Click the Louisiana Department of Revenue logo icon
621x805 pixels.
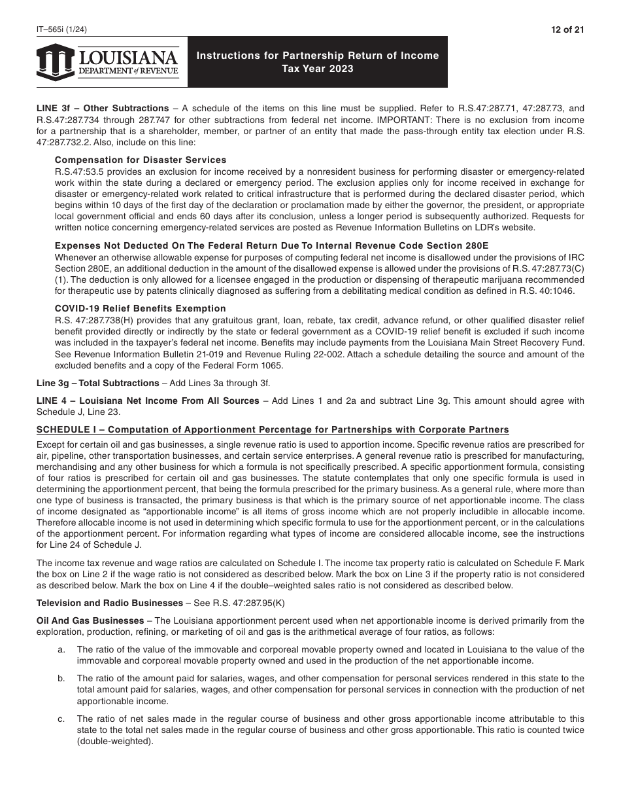(x=56, y=62)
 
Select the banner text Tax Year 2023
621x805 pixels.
(x=318, y=69)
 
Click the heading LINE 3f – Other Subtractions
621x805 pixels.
(x=103, y=108)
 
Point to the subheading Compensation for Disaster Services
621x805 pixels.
(x=141, y=160)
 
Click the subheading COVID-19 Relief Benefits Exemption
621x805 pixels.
(x=141, y=308)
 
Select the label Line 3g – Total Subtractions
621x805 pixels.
(x=97, y=383)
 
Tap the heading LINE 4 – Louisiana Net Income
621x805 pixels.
(x=148, y=401)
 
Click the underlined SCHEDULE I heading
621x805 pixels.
(x=273, y=429)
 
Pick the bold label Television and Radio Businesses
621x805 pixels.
(x=109, y=603)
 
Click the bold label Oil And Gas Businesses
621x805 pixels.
(x=90, y=620)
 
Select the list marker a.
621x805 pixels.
(x=61, y=649)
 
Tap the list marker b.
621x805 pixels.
(x=61, y=678)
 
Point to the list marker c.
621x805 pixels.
(x=61, y=719)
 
